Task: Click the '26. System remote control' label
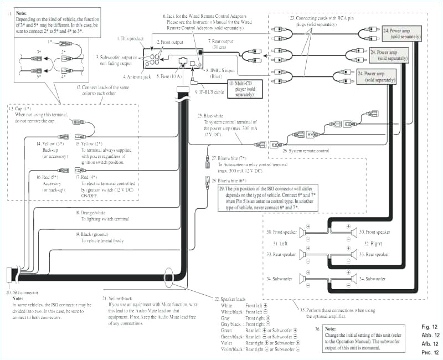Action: click(x=306, y=151)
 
